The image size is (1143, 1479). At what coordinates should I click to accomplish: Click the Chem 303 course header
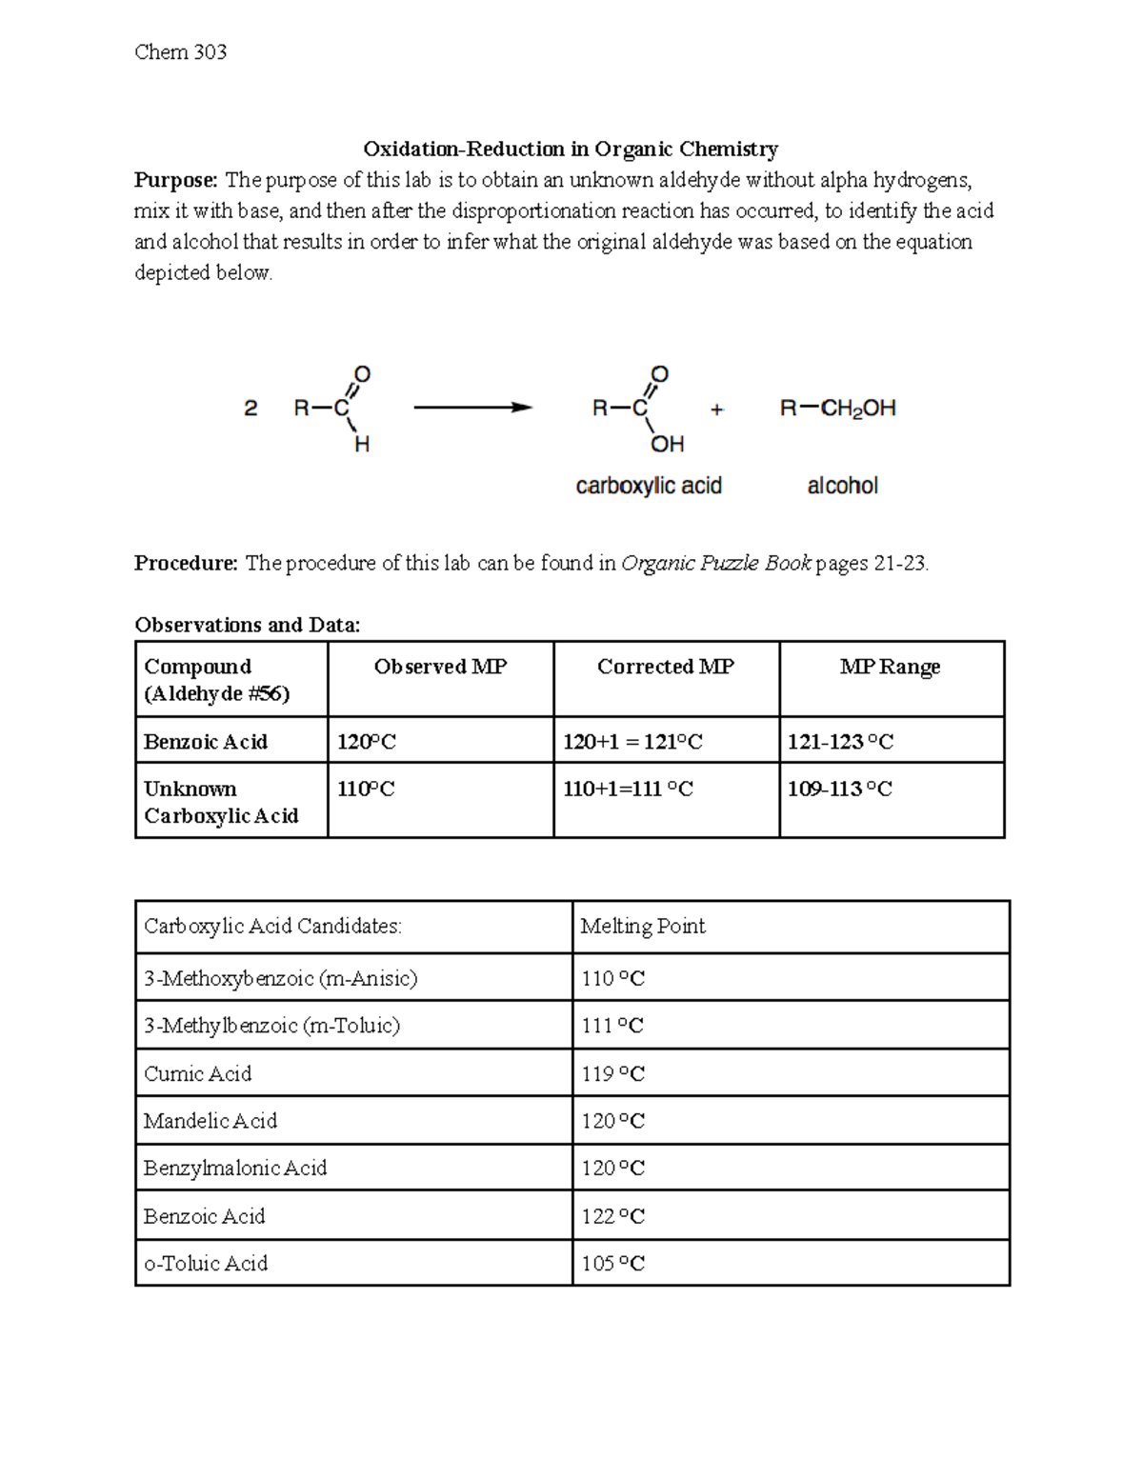[181, 52]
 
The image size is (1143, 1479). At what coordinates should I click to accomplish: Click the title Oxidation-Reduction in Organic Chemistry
[571, 149]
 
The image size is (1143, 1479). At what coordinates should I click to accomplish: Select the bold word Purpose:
[176, 180]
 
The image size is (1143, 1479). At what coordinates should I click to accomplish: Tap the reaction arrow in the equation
[472, 408]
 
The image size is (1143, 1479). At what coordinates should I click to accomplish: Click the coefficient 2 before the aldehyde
[251, 409]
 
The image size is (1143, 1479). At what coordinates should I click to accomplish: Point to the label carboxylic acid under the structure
[649, 486]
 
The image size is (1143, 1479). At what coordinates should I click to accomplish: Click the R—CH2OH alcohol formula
[838, 409]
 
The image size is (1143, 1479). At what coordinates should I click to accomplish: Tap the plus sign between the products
[716, 410]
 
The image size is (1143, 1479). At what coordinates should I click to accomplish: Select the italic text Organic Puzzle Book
[715, 563]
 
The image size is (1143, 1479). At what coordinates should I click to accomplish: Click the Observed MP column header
[440, 667]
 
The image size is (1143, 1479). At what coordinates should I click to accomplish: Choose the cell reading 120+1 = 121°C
[632, 742]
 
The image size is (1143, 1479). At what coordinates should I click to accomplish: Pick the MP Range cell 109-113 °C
[839, 789]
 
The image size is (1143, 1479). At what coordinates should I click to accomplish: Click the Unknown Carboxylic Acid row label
[221, 802]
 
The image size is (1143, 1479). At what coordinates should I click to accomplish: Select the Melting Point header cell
[643, 926]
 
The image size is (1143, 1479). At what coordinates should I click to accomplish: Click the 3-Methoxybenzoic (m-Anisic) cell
[280, 978]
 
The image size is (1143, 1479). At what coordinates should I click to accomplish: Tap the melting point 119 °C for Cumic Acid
[612, 1073]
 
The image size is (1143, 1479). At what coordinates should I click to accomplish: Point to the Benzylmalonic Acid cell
[235, 1168]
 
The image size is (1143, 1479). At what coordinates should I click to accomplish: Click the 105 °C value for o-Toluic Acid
[612, 1263]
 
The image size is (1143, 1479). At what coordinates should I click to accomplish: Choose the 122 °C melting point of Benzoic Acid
[612, 1216]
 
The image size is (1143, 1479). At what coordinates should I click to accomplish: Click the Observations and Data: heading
[248, 625]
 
